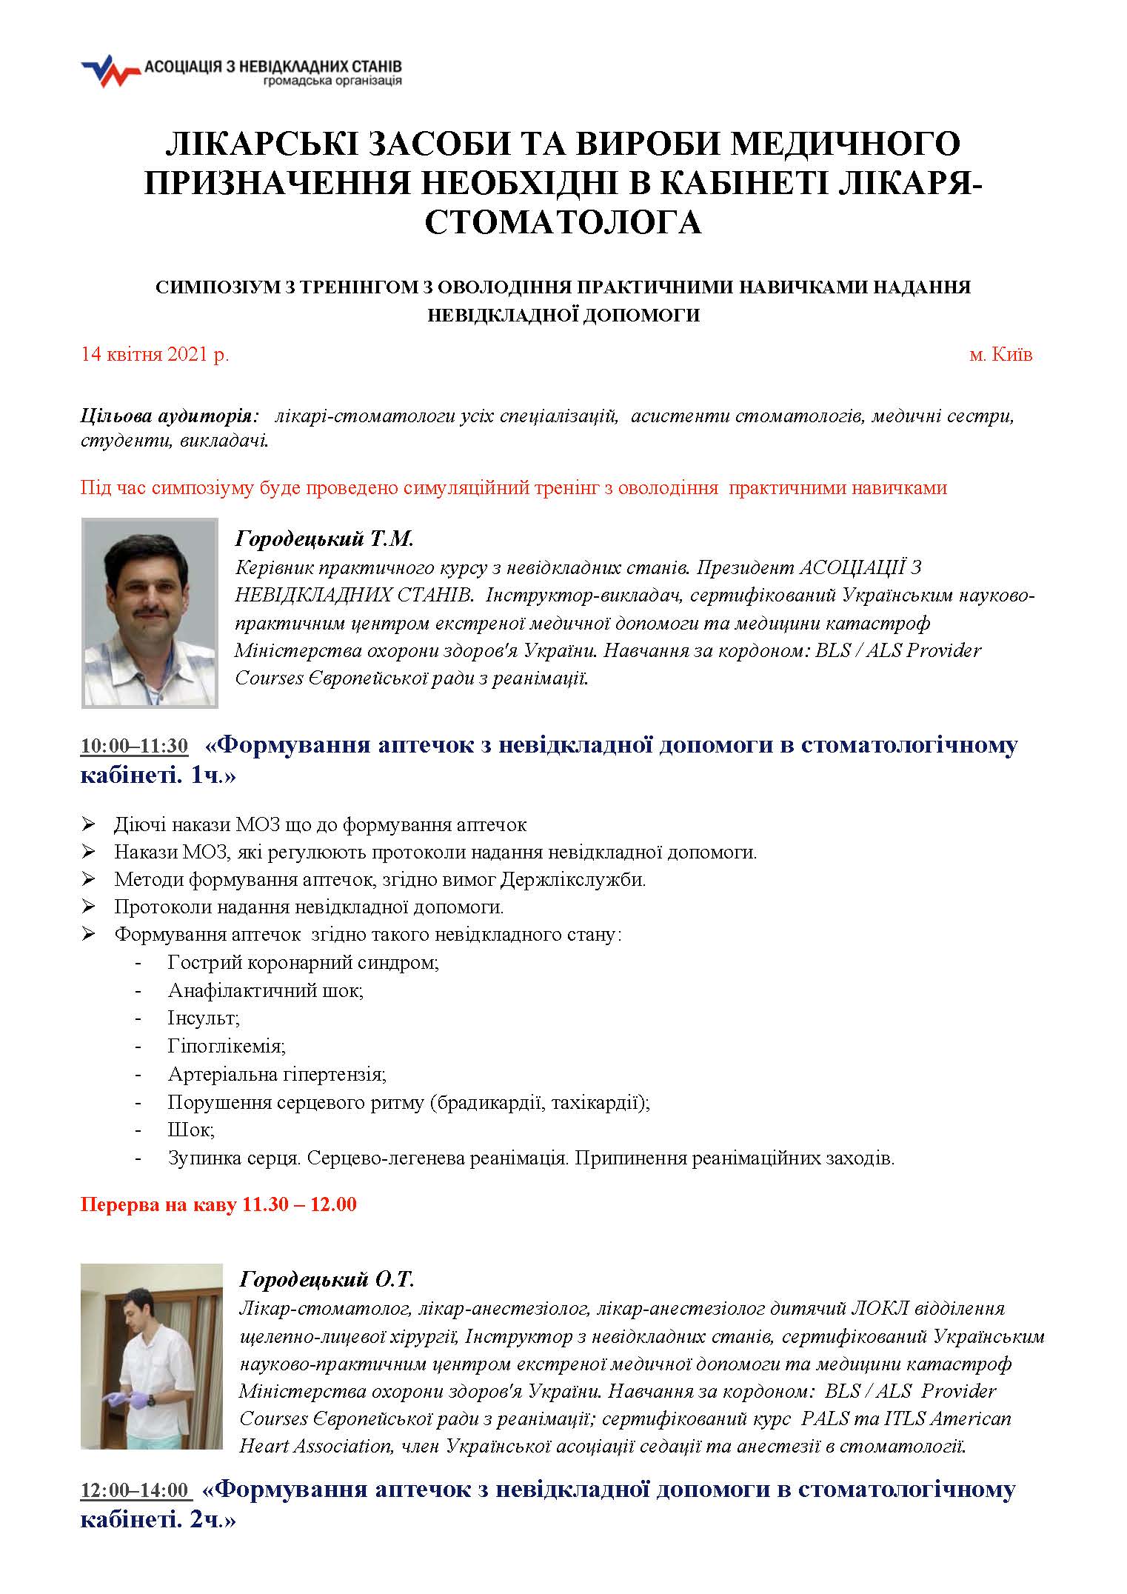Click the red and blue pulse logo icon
tap(110, 71)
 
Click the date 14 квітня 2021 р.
tap(155, 354)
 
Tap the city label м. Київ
tap(1000, 354)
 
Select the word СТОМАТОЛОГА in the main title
tap(563, 221)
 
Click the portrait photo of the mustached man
tap(150, 613)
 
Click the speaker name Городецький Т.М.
tap(324, 538)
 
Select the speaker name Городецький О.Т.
tap(327, 1279)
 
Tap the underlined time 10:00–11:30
tap(134, 746)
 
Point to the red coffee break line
tap(218, 1224)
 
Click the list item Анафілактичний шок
tap(265, 990)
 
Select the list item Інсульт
tap(204, 1018)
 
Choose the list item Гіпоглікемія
tap(227, 1046)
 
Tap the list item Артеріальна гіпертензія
tap(277, 1073)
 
